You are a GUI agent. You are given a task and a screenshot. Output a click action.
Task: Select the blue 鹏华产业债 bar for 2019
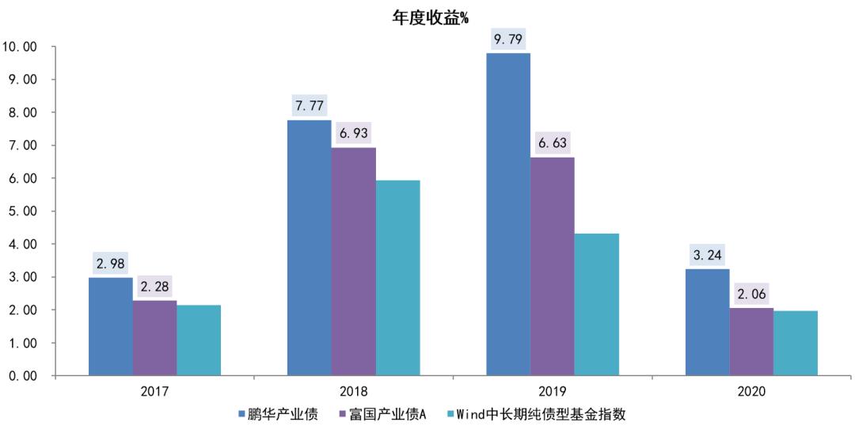click(x=508, y=214)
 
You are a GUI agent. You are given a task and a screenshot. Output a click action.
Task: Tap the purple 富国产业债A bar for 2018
click(x=354, y=261)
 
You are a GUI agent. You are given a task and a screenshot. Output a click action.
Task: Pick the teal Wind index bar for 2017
click(x=199, y=340)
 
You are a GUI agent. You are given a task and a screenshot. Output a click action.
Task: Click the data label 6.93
click(x=354, y=133)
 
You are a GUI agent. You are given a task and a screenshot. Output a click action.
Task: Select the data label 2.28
click(x=155, y=286)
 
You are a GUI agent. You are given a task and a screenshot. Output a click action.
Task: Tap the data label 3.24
click(x=707, y=255)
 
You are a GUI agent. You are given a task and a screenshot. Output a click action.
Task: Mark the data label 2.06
click(x=751, y=294)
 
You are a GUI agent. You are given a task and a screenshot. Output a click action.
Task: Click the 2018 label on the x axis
click(x=353, y=391)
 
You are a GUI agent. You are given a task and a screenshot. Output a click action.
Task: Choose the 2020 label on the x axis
click(x=751, y=391)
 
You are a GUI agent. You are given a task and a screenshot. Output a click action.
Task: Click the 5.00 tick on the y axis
click(x=24, y=211)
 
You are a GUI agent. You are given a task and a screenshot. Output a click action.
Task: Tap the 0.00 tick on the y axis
click(x=24, y=376)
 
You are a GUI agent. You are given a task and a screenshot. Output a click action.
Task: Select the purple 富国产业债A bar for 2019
click(x=553, y=266)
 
